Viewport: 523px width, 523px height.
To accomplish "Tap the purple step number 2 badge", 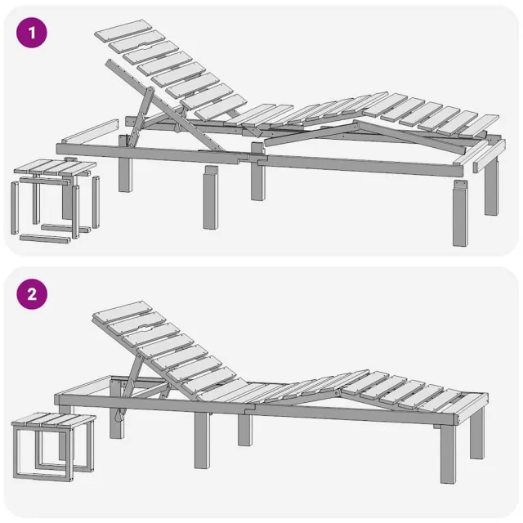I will (x=32, y=295).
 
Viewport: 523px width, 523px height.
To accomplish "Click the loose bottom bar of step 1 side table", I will (x=45, y=239).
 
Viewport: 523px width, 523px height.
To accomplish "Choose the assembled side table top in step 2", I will (x=54, y=421).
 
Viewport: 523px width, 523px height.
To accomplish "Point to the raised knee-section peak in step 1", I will (x=356, y=123).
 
